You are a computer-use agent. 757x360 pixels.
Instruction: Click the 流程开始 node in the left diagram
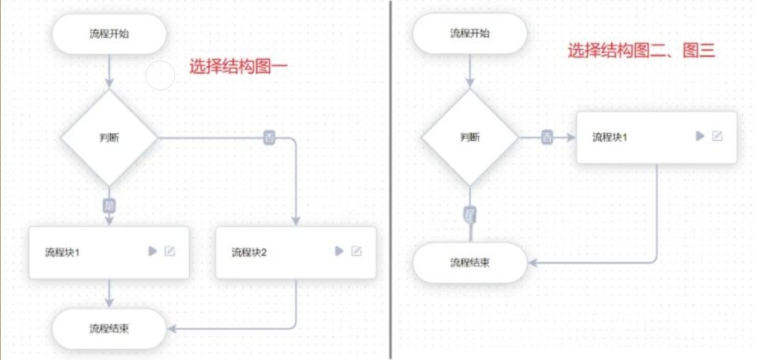point(109,33)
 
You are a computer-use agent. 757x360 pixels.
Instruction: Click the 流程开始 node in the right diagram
point(470,33)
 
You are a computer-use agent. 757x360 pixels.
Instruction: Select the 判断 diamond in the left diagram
point(109,138)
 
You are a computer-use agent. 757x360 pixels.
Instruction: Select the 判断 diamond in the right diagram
point(470,137)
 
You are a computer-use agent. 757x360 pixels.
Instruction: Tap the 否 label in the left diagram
point(269,138)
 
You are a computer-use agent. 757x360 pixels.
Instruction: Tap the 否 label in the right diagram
point(547,137)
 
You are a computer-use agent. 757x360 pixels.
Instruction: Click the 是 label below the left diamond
point(109,205)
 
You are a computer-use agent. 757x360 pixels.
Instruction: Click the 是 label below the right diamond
point(470,214)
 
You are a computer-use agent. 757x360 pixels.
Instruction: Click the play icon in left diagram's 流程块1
point(152,251)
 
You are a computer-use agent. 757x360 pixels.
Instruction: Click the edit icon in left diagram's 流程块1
point(170,251)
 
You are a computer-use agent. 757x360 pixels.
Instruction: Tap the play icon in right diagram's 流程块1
point(700,136)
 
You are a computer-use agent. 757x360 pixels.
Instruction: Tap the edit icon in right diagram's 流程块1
point(717,136)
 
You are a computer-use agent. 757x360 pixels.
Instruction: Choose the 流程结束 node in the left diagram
point(109,328)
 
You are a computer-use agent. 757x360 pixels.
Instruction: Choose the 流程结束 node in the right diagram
point(470,262)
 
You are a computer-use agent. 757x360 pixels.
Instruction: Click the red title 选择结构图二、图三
point(641,51)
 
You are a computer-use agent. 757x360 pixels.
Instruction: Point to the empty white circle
point(160,75)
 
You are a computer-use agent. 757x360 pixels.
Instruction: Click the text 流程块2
point(249,252)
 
